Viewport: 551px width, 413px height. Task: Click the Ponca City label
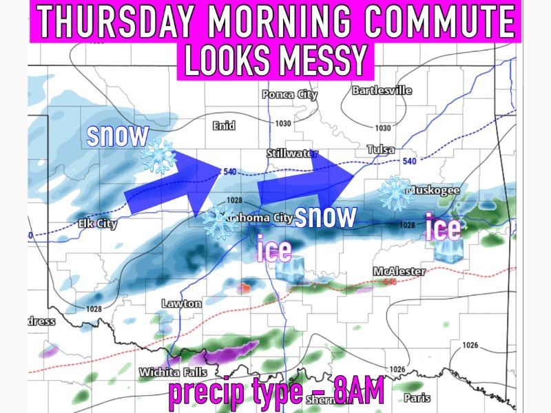point(290,95)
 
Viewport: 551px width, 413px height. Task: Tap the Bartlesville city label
point(382,90)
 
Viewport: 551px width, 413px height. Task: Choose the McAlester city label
point(399,271)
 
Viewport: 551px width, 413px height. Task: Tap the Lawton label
point(181,303)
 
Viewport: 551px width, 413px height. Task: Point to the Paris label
point(417,398)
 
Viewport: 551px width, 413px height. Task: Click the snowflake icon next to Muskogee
point(396,193)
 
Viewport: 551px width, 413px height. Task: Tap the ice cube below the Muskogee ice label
point(448,248)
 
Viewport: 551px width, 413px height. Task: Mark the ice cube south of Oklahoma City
point(289,269)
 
